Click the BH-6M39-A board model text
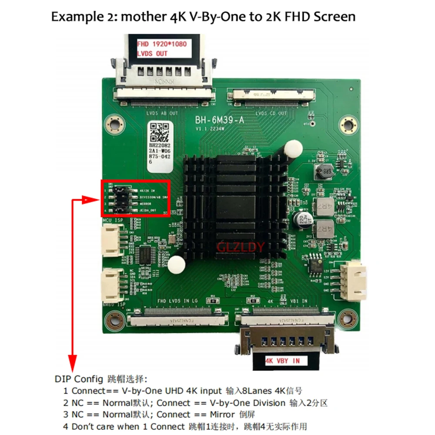[220, 122]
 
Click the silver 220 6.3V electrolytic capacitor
[301, 219]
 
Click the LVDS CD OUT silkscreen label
[271, 114]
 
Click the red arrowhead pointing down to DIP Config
[73, 360]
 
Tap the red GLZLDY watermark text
[241, 248]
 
